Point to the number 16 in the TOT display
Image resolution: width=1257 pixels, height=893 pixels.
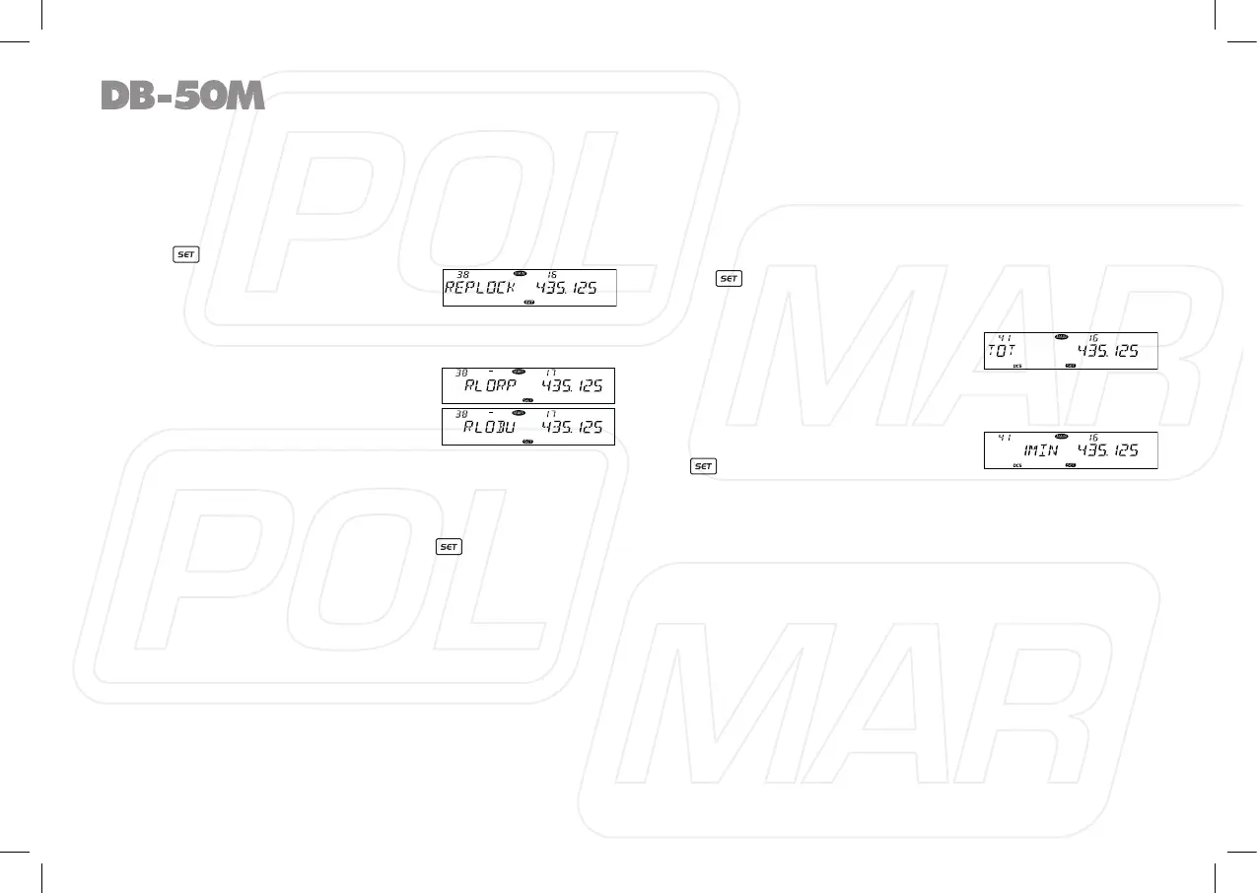pyautogui.click(x=1093, y=337)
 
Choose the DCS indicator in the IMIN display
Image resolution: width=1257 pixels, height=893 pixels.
pyautogui.click(x=1017, y=464)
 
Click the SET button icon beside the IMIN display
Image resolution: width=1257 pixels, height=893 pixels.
pyautogui.click(x=703, y=464)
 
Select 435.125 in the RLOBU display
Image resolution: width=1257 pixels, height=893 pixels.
pyautogui.click(x=571, y=427)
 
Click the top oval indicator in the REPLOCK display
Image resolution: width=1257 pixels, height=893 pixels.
pyautogui.click(x=521, y=272)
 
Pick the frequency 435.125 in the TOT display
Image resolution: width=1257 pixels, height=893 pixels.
pyautogui.click(x=1107, y=352)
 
